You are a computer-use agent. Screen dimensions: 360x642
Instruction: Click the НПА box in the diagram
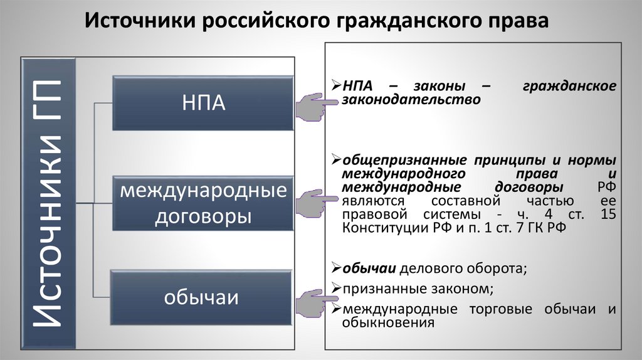click(x=203, y=103)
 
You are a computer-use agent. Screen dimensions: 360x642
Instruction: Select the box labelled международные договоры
click(x=203, y=203)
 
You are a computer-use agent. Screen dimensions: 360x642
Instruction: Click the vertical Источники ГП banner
click(x=49, y=203)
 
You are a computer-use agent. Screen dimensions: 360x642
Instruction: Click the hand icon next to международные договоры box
click(x=310, y=203)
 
